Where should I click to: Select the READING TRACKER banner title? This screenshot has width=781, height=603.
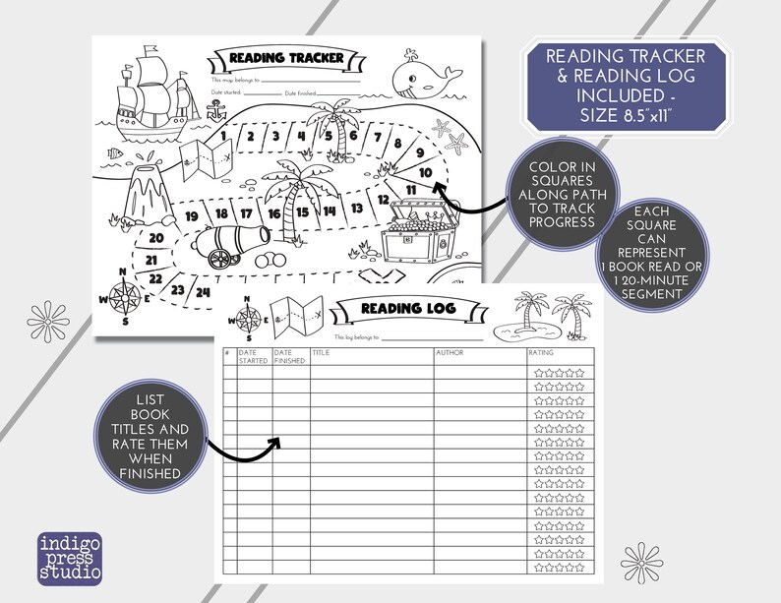pyautogui.click(x=280, y=57)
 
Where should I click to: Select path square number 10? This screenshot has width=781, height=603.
pyautogui.click(x=425, y=172)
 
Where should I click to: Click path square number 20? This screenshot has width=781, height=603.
pyautogui.click(x=155, y=237)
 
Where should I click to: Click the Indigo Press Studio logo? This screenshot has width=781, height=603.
pyautogui.click(x=70, y=558)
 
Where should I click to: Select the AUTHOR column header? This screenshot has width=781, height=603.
pyautogui.click(x=449, y=352)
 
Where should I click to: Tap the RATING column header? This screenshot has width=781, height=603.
pyautogui.click(x=540, y=352)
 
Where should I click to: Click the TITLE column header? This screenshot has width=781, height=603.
pyautogui.click(x=321, y=352)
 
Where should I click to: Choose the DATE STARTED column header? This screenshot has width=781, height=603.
pyautogui.click(x=253, y=356)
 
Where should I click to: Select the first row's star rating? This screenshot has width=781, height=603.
pyautogui.click(x=559, y=373)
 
